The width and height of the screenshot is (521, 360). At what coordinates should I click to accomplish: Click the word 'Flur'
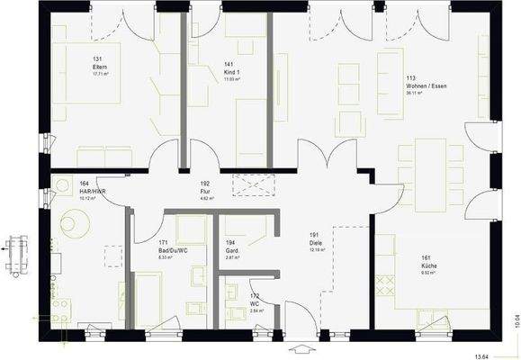click(205, 191)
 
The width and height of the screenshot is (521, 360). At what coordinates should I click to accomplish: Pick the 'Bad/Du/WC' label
click(171, 250)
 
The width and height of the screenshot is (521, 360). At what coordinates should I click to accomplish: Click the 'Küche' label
click(428, 267)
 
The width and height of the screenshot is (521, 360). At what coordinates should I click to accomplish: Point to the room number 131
click(97, 59)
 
